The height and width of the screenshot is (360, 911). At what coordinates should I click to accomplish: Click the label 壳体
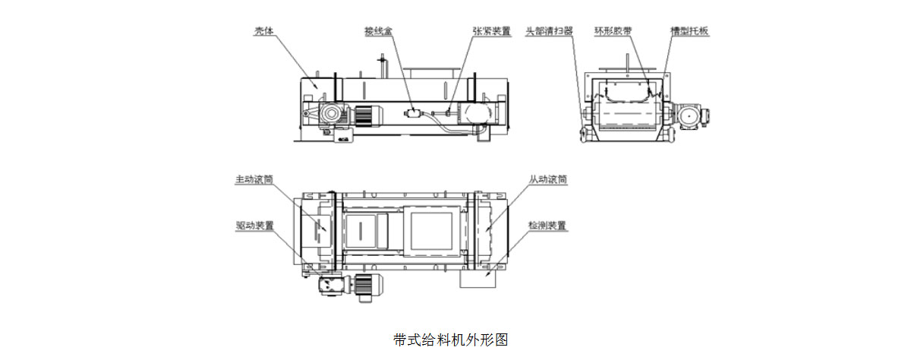coord(263,32)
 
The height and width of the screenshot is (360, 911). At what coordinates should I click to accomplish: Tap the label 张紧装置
coord(491,32)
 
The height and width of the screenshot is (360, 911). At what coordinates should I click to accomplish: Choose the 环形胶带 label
coord(613,32)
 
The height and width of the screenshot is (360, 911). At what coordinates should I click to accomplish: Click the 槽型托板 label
coord(689,32)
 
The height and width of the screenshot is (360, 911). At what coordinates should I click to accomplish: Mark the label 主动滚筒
coord(254,181)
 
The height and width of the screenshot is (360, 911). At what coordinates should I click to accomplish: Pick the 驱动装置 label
coord(254,226)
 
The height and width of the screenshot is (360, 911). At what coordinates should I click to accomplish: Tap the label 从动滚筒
coord(548,181)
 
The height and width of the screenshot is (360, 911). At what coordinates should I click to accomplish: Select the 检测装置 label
coord(548,226)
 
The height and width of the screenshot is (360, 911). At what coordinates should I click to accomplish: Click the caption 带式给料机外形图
coord(450,339)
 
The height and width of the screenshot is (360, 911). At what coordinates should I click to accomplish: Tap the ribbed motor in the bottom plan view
coord(367,285)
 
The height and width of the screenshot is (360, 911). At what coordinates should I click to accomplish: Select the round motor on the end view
coord(690,116)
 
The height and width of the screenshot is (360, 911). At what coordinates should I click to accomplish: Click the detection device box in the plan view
coord(478,279)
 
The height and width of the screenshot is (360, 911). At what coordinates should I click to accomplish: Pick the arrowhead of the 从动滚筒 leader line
coord(486,228)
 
